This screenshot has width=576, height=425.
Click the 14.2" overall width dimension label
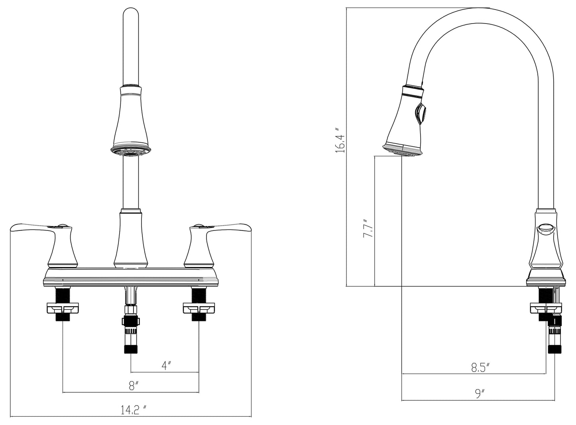point(134,410)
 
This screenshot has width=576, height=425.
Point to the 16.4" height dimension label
point(340,140)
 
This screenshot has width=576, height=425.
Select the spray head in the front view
point(131,121)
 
